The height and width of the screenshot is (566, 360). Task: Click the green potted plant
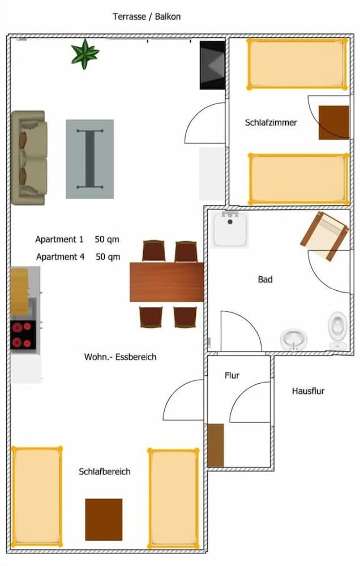(x=85, y=54)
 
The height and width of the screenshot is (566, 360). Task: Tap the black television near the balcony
(x=212, y=65)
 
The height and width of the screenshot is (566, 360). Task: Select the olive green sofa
(x=28, y=157)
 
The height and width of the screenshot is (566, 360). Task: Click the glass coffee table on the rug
(x=89, y=158)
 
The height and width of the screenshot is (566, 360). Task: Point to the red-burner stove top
(x=23, y=334)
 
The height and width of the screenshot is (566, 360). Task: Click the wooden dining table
(x=166, y=282)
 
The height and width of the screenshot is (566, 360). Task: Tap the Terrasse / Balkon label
(x=147, y=16)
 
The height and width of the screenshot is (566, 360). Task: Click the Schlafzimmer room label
(x=271, y=122)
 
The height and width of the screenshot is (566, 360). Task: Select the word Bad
(x=265, y=280)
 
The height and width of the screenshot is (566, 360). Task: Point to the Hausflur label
(x=308, y=391)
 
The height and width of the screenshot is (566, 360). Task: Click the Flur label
(x=232, y=375)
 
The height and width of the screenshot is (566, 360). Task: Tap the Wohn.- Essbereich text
(x=120, y=357)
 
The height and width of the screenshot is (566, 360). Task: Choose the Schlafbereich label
(x=105, y=471)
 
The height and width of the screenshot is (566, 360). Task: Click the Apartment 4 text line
(x=78, y=256)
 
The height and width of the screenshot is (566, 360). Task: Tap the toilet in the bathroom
(x=338, y=328)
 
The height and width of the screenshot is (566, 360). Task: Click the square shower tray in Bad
(x=230, y=228)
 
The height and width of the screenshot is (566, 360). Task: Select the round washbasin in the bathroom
(x=294, y=340)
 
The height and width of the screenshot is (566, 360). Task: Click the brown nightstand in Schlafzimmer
(x=333, y=122)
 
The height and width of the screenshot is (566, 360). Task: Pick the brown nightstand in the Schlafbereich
(x=104, y=519)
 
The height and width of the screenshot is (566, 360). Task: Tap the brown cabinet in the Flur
(x=216, y=445)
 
